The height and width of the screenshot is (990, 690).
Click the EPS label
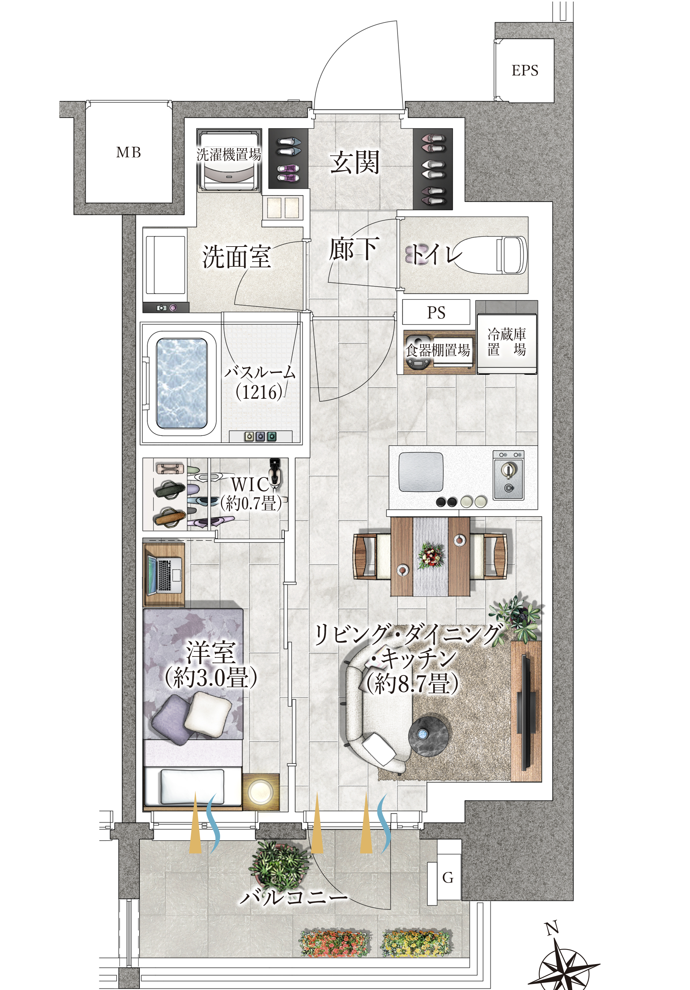pyautogui.click(x=525, y=70)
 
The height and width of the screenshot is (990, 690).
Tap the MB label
pyautogui.click(x=128, y=152)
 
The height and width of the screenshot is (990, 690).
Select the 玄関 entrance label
pyautogui.click(x=355, y=162)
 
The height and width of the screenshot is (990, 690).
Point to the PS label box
pyautogui.click(x=436, y=312)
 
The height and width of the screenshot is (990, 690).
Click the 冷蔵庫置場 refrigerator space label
pyautogui.click(x=507, y=342)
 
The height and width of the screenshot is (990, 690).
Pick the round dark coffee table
pyautogui.click(x=428, y=735)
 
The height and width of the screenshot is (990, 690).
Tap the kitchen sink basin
pyautogui.click(x=421, y=472)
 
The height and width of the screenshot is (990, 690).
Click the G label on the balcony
pyautogui.click(x=448, y=877)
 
